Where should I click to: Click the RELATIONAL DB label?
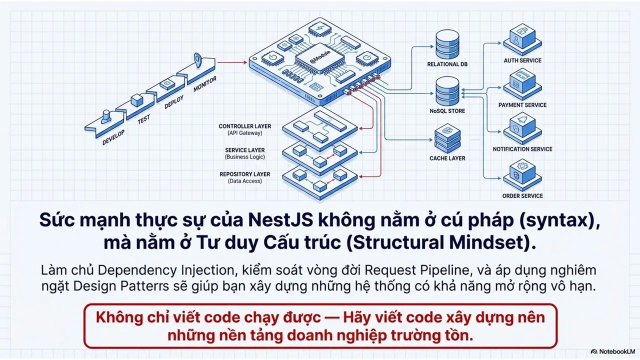(x=447, y=64)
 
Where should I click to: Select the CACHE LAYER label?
(x=447, y=158)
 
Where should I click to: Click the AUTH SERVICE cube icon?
(x=522, y=39)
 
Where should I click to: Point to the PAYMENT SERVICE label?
(x=522, y=105)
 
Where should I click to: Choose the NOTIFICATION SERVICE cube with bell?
(x=522, y=128)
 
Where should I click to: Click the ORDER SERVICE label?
(x=522, y=196)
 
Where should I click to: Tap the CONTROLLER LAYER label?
(x=245, y=126)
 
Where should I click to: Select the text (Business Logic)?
(x=245, y=157)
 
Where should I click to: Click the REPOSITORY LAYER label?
(x=245, y=174)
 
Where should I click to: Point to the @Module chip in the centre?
(x=320, y=60)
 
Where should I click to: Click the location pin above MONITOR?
(x=197, y=60)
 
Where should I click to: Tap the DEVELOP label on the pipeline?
(x=113, y=137)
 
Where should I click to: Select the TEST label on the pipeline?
(x=143, y=119)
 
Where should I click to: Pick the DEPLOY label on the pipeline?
(x=173, y=102)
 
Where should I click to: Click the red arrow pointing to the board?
(x=232, y=62)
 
